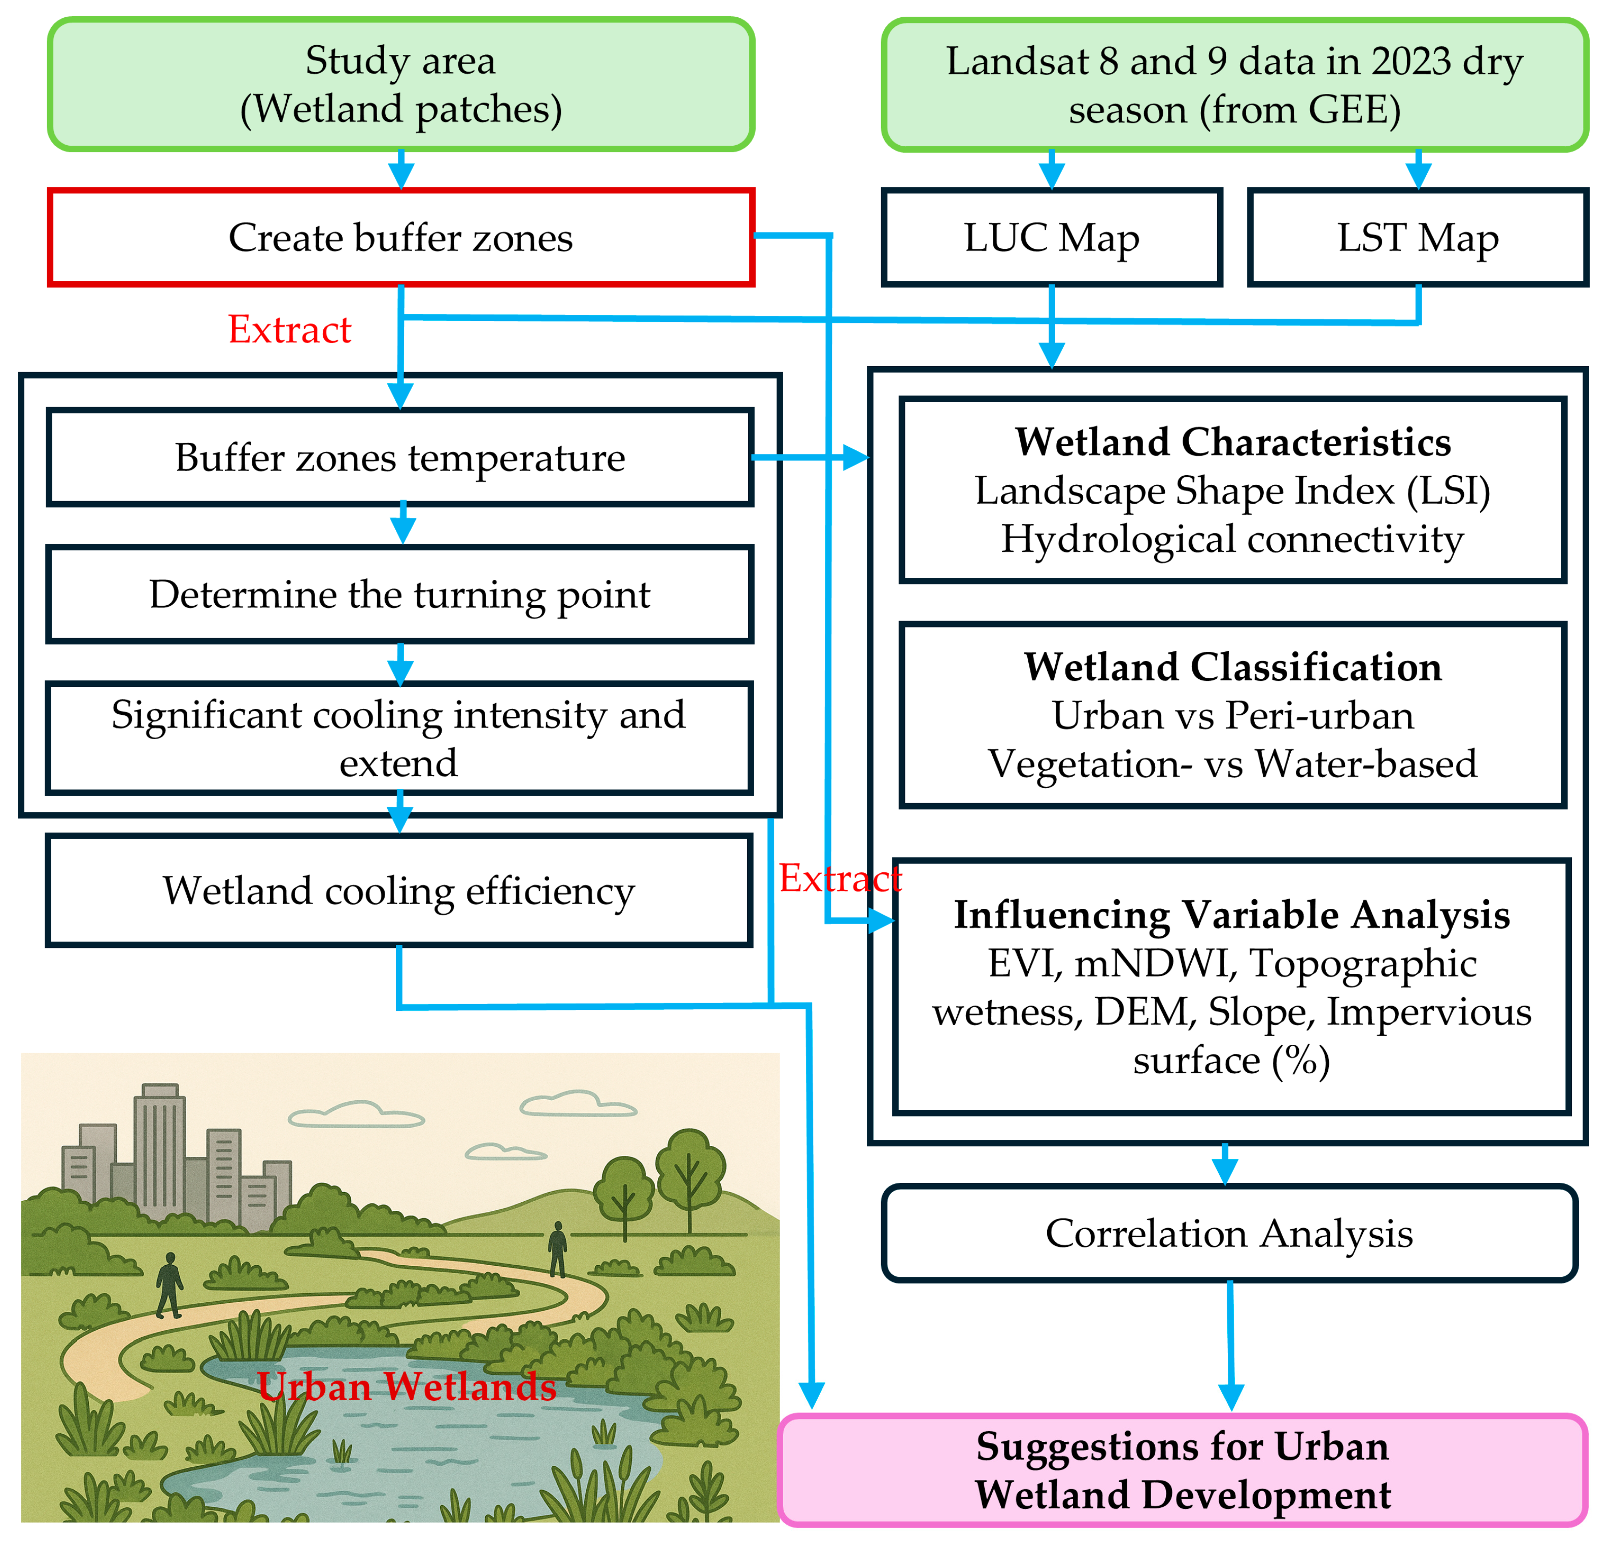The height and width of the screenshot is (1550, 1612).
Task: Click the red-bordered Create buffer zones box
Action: (400, 238)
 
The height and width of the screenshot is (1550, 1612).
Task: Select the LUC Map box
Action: (1051, 238)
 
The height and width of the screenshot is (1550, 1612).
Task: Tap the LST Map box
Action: (1417, 238)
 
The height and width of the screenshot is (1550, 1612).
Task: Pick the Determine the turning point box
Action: (400, 594)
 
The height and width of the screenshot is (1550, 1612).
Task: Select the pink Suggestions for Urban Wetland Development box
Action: (1182, 1470)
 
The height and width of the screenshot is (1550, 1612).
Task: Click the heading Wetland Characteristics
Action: (1232, 442)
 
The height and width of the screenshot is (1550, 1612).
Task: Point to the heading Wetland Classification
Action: (1232, 667)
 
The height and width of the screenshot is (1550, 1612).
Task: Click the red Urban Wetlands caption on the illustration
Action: (406, 1387)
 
